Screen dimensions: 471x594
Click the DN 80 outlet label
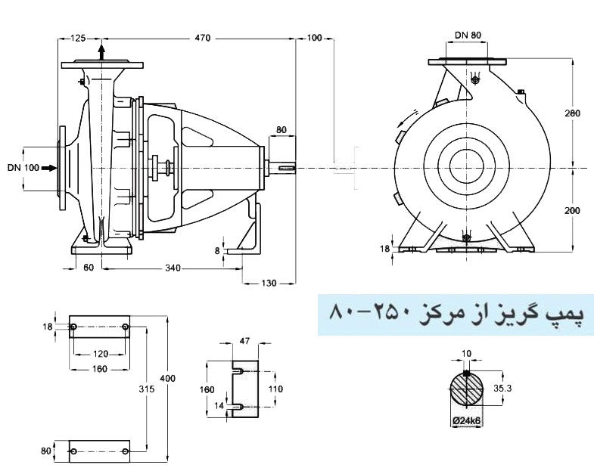point(468,34)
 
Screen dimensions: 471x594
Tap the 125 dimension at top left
point(78,37)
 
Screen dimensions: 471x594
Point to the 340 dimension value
point(175,268)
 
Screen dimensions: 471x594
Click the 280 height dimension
point(573,113)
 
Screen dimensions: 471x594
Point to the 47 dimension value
point(244,342)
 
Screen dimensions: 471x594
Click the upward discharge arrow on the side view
point(101,51)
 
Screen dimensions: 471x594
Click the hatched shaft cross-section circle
point(466,391)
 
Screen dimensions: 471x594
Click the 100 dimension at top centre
point(315,37)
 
